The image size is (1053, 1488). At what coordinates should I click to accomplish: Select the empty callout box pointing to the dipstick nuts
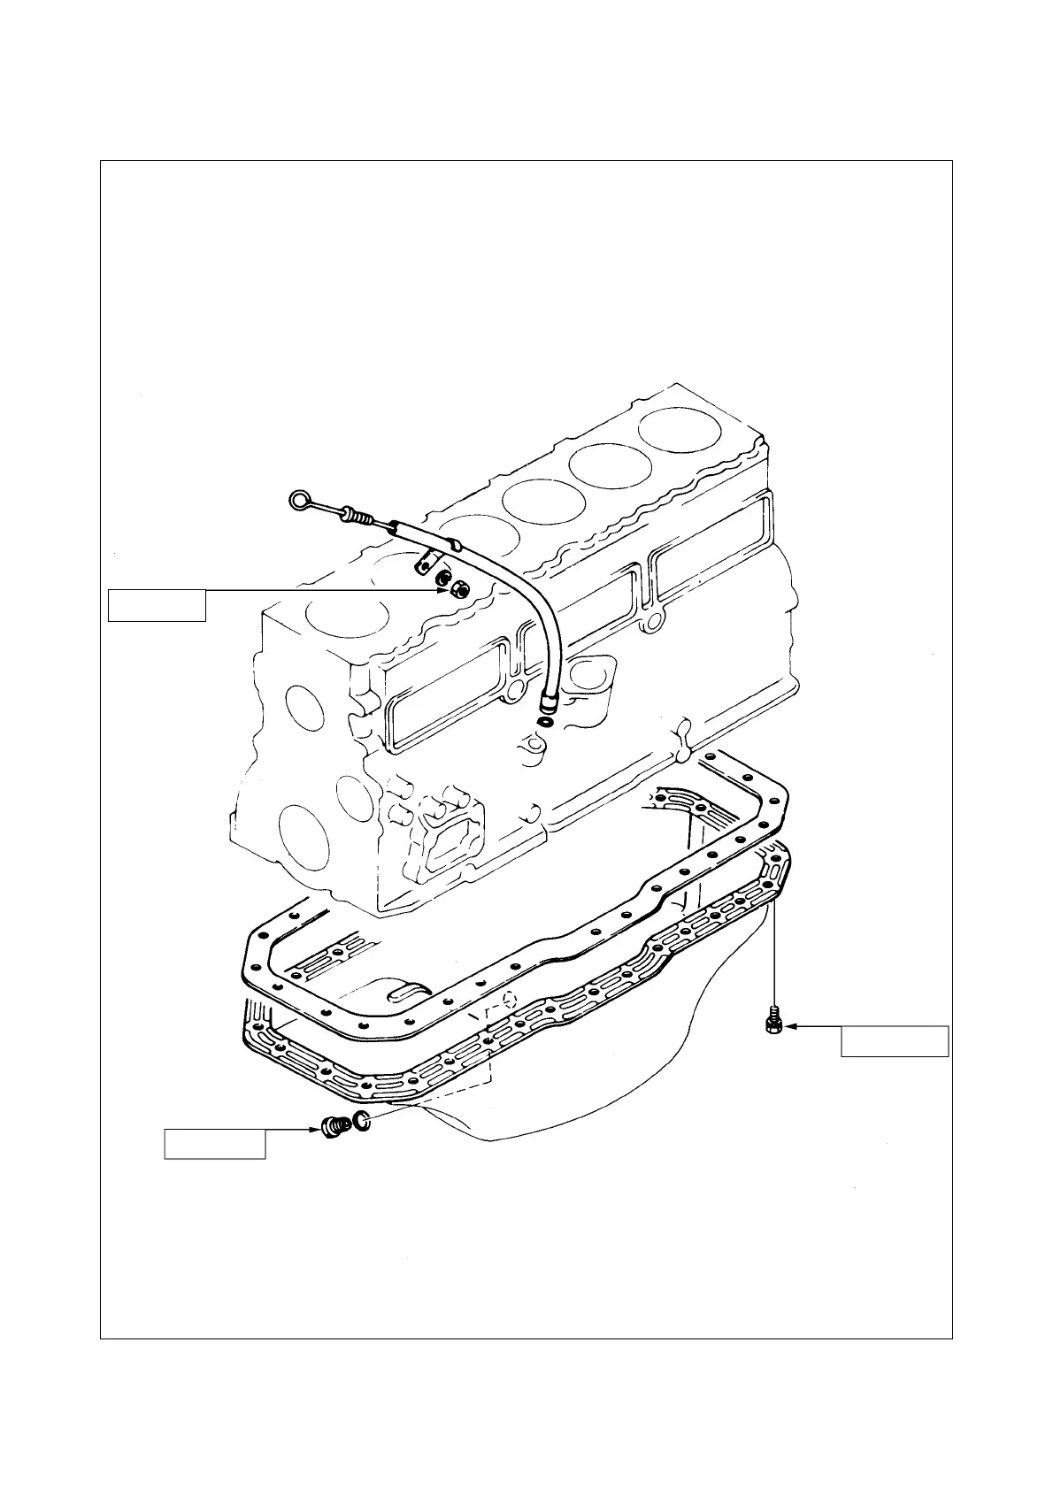click(x=157, y=605)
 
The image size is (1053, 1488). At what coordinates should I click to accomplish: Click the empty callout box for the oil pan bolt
click(x=894, y=1041)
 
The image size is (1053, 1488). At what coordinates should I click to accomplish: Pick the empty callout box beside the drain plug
click(x=214, y=1144)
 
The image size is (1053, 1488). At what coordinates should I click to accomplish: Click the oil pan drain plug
click(x=332, y=1126)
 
